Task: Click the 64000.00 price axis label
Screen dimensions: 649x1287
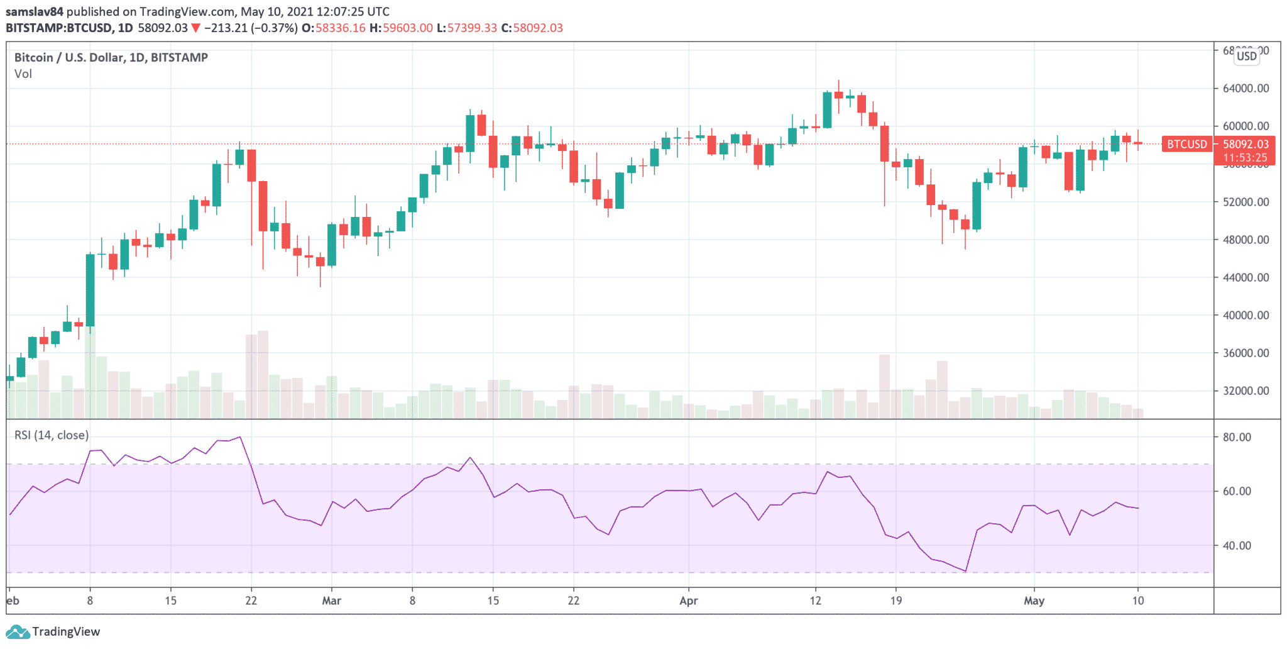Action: click(1246, 88)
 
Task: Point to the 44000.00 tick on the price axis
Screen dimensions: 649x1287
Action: click(1246, 277)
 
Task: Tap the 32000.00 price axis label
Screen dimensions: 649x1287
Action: click(1246, 391)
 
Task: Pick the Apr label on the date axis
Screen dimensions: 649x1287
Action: click(689, 601)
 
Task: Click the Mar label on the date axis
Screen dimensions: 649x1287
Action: click(331, 601)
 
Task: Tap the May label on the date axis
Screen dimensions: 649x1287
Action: click(1034, 601)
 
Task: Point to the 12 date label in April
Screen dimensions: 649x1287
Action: click(815, 601)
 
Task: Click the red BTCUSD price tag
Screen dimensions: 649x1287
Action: click(1186, 144)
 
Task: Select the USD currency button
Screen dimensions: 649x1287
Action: click(1247, 56)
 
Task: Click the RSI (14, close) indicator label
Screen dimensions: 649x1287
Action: click(52, 435)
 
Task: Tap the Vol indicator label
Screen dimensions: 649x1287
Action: click(23, 74)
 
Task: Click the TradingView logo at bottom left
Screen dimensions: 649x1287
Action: click(53, 631)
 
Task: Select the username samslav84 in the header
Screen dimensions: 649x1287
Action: click(35, 11)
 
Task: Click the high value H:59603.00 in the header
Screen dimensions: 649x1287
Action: click(401, 28)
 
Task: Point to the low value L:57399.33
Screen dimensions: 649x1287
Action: click(467, 28)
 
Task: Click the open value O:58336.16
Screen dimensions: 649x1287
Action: click(333, 28)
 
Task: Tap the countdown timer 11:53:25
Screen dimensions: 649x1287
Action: click(1246, 158)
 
